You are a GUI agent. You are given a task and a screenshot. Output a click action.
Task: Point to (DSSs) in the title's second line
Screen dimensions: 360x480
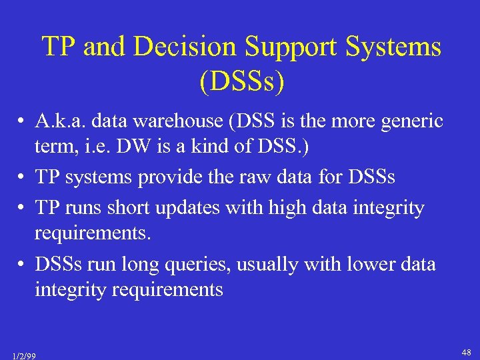coord(241,82)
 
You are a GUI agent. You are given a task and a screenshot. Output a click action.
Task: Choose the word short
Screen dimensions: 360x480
coord(125,207)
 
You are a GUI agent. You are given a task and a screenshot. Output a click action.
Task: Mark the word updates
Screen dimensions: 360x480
coord(189,207)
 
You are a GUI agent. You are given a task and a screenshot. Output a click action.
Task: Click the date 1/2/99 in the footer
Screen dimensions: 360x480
coord(23,355)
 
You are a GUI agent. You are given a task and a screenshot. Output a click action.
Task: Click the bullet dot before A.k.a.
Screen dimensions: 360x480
coord(23,122)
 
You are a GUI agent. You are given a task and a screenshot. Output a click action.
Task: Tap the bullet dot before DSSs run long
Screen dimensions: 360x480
coord(23,265)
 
